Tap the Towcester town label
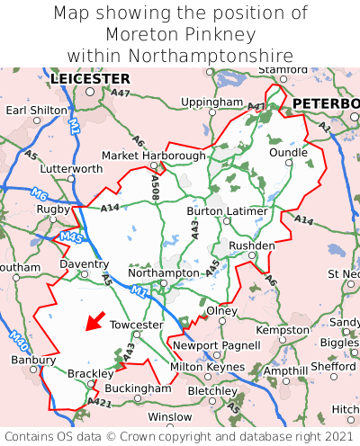coord(136,325)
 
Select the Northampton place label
coord(164,272)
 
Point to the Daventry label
coord(84,264)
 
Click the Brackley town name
coord(91,373)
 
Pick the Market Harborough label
coord(154,156)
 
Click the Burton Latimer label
coord(227,211)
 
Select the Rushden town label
coord(252,245)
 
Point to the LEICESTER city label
coord(90,79)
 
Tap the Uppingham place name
coord(211,103)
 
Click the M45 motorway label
coord(71,236)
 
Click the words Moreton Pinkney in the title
coord(180,34)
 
